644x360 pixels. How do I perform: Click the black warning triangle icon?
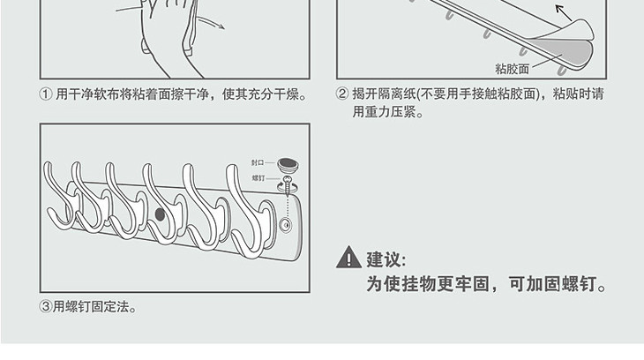[348, 258]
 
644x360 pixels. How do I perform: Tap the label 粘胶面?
[512, 69]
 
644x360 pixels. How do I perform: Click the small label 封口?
[258, 162]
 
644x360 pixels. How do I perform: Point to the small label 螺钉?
[258, 178]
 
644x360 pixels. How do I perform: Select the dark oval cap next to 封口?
[288, 164]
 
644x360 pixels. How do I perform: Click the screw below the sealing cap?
[288, 186]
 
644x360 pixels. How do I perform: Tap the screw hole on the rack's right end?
[286, 224]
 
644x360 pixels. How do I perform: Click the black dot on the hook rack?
[160, 214]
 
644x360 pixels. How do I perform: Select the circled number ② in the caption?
[342, 94]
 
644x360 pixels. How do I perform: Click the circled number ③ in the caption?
[45, 306]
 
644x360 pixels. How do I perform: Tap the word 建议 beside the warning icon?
[382, 259]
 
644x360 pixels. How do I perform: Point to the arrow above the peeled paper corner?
[564, 12]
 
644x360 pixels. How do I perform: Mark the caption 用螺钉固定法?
[91, 306]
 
